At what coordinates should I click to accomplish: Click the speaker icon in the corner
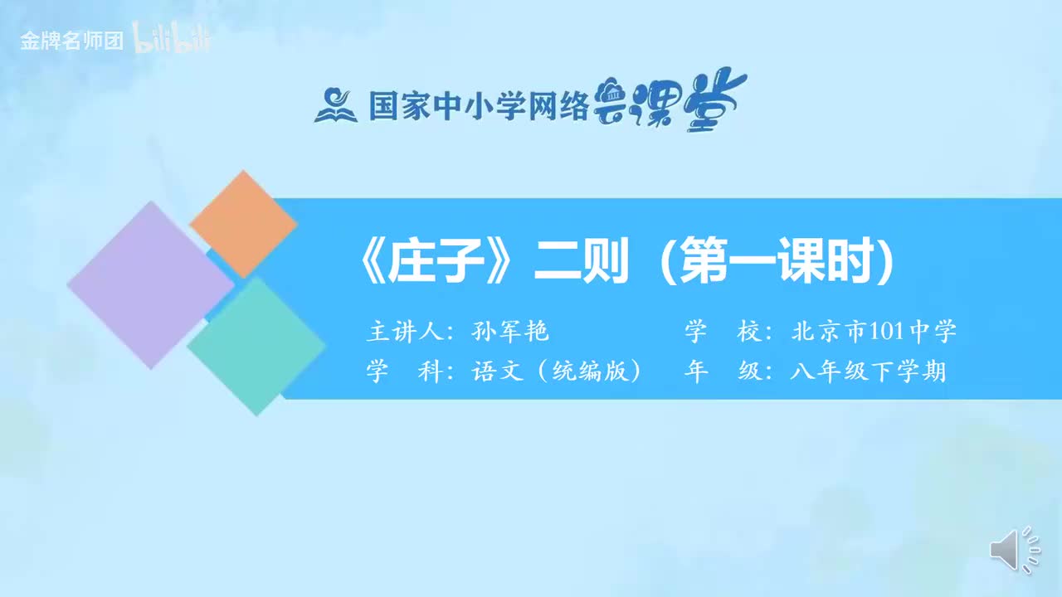coord(1012,550)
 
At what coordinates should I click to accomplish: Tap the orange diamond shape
coord(243,224)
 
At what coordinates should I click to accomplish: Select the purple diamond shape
coord(150,284)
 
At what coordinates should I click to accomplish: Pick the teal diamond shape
coord(256,345)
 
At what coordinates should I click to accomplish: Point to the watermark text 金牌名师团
coord(72,41)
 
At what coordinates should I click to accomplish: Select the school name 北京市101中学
coord(874,332)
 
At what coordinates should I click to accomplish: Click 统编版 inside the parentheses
coord(589,371)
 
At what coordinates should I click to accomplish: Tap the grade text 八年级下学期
coord(868,371)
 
